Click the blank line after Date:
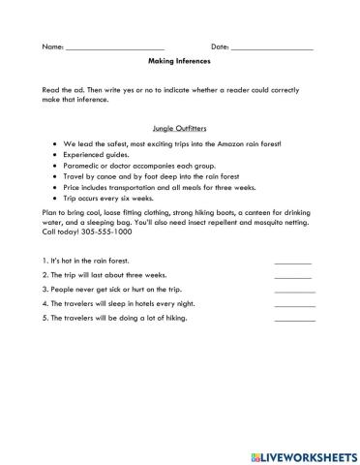pyautogui.click(x=272, y=46)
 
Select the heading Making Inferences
pyautogui.click(x=179, y=60)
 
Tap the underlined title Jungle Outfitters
pyautogui.click(x=179, y=127)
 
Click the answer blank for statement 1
pyautogui.click(x=292, y=261)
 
